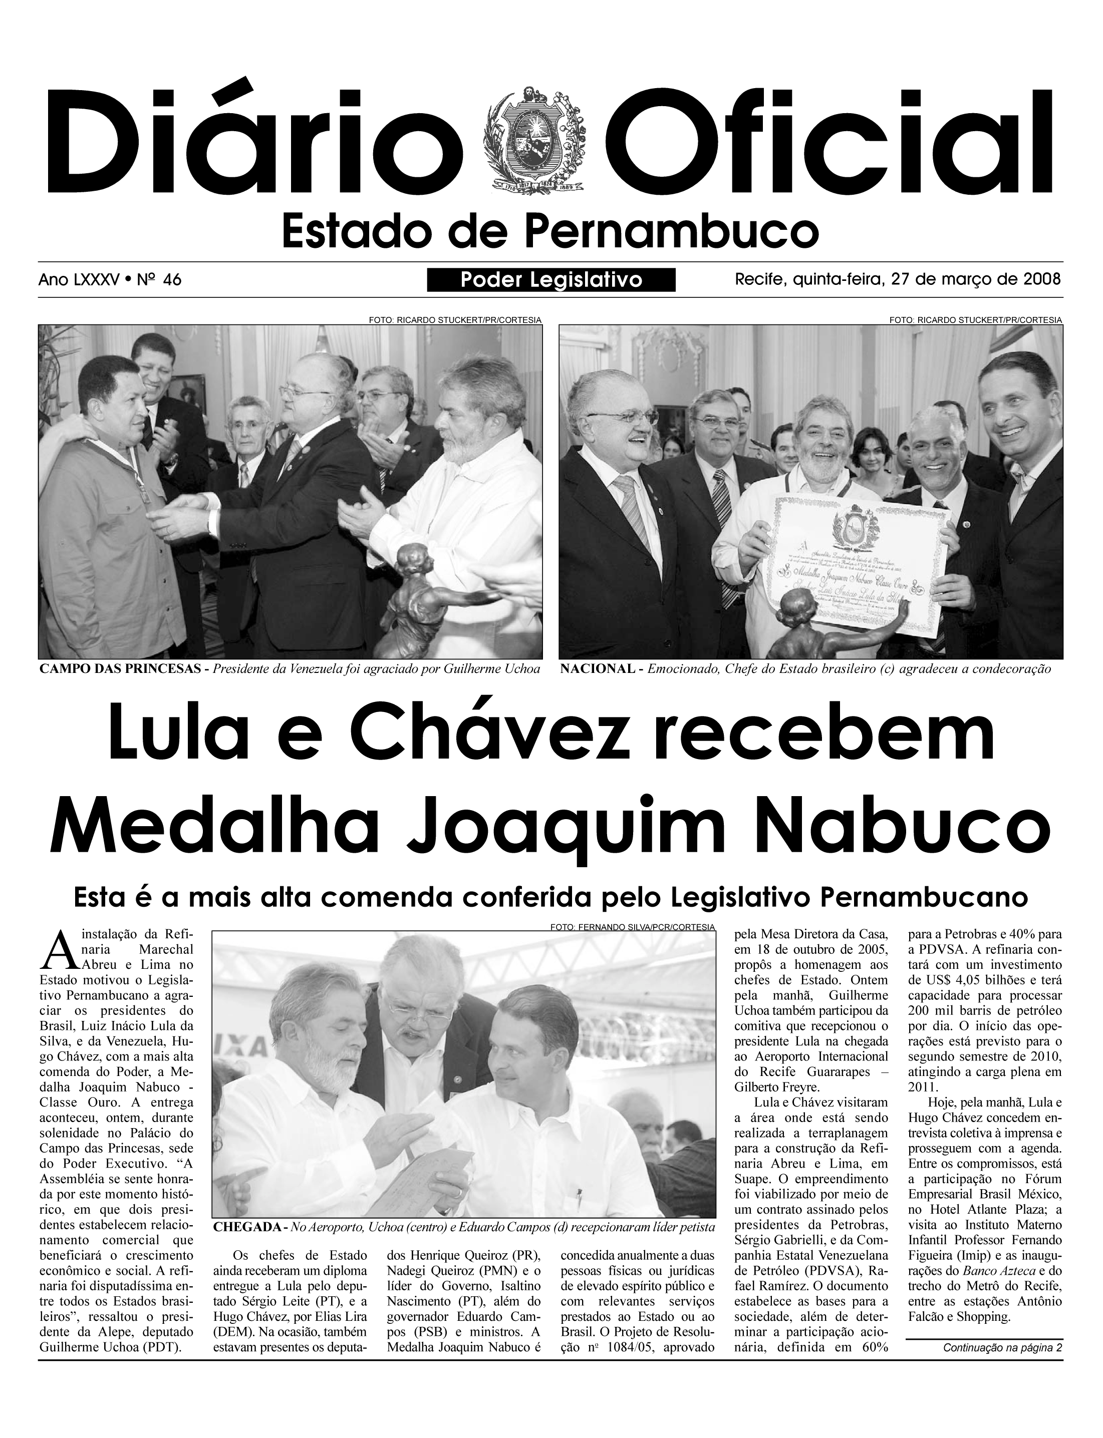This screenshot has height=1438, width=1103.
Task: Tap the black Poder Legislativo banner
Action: (x=551, y=280)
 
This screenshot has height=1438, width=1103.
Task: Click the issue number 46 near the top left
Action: (x=172, y=280)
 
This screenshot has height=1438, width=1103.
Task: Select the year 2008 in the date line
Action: (x=1042, y=279)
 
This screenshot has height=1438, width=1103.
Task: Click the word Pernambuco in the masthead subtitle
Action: (x=672, y=232)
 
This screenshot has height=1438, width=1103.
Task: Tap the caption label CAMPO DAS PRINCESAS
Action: (x=118, y=669)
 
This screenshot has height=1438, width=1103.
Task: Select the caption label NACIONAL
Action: (x=597, y=669)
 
